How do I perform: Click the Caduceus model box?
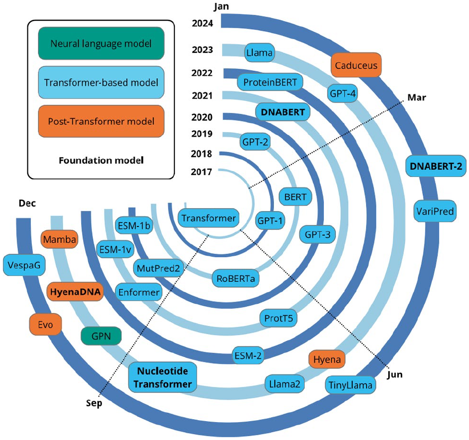[356, 65]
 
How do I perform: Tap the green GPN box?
[102, 337]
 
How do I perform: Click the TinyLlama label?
[350, 385]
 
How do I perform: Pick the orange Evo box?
[45, 325]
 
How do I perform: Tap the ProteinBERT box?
[270, 82]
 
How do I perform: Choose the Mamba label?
[59, 240]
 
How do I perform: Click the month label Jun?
[395, 375]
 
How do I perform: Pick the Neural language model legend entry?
[101, 43]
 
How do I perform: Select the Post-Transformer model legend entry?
[101, 121]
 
